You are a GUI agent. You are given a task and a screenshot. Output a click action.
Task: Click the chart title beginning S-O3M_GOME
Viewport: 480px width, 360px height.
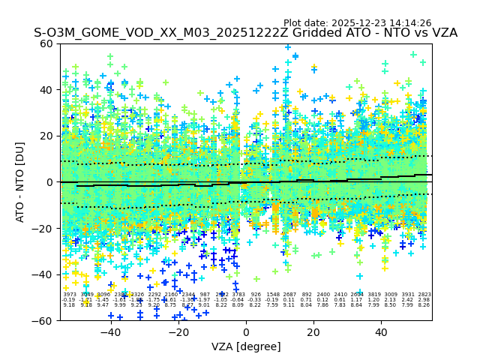(245, 33)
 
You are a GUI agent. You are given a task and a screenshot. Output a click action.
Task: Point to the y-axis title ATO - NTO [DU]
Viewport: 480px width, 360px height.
(20, 182)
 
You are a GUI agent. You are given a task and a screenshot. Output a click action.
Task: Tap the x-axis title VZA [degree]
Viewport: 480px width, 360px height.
(246, 346)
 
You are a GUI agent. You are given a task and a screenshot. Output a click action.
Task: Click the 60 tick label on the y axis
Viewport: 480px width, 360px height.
(47, 43)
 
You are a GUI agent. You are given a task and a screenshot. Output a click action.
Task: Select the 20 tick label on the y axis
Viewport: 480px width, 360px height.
(47, 136)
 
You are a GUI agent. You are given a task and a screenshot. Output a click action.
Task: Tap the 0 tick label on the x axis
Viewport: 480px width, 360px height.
(246, 331)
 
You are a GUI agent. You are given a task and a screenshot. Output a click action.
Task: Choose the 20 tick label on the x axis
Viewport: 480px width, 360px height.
(313, 331)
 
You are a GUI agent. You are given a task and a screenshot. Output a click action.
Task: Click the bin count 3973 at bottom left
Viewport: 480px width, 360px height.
(69, 295)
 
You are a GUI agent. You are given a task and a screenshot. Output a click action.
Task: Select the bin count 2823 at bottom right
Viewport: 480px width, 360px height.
(424, 295)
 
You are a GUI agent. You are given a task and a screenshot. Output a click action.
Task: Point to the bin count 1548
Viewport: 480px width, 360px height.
(272, 295)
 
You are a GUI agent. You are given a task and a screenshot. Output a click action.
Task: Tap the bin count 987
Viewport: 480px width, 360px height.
(205, 295)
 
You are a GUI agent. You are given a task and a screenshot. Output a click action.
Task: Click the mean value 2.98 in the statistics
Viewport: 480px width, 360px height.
(424, 300)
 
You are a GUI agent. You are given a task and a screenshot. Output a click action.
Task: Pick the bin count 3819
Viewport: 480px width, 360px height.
(373, 295)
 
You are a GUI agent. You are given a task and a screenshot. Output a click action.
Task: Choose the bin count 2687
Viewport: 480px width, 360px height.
(289, 295)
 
